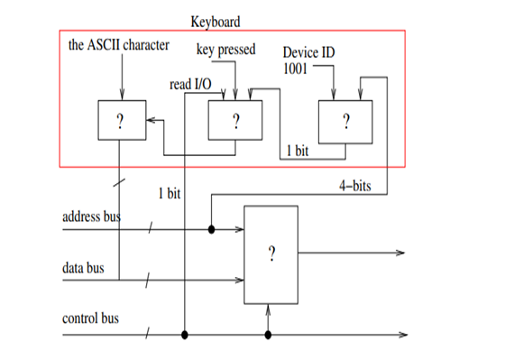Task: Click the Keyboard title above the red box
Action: pyautogui.click(x=216, y=20)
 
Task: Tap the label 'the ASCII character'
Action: pyautogui.click(x=119, y=45)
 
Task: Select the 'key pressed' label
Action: pyautogui.click(x=225, y=49)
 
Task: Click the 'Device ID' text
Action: pyautogui.click(x=308, y=52)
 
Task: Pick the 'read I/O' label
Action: pyautogui.click(x=190, y=84)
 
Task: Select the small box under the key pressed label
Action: pyautogui.click(x=234, y=120)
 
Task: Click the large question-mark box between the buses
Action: pyautogui.click(x=271, y=254)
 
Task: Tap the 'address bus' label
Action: pyautogui.click(x=91, y=217)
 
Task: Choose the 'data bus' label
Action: pyautogui.click(x=82, y=268)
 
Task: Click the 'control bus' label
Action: pyautogui.click(x=90, y=318)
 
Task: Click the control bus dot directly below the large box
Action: pyautogui.click(x=268, y=335)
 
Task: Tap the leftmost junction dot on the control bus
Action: pyautogui.click(x=185, y=335)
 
